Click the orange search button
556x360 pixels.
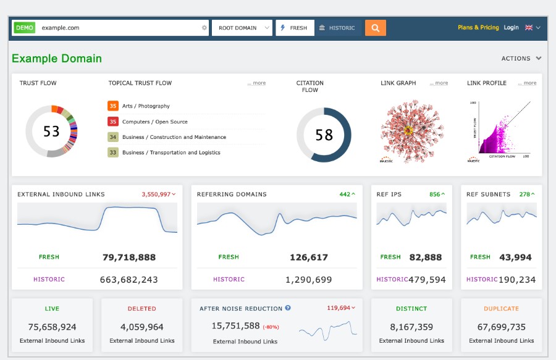click(375, 28)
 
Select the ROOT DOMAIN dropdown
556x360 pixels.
click(242, 28)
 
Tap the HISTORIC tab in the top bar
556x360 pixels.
click(337, 28)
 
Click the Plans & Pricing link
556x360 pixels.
click(478, 28)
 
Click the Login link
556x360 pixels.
click(511, 28)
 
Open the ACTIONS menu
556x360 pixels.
click(521, 59)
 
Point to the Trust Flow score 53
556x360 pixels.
click(51, 132)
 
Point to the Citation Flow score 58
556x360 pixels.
click(324, 135)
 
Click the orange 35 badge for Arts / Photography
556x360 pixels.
click(113, 106)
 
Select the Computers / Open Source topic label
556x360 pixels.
click(154, 122)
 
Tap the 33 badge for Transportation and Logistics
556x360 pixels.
click(113, 153)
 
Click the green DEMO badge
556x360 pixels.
click(25, 28)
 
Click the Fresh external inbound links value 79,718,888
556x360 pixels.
click(129, 257)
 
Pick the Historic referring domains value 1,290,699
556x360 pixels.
click(308, 280)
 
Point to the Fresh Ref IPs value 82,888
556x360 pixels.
click(425, 257)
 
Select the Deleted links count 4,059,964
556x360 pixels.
click(142, 327)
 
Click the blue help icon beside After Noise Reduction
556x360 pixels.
click(288, 308)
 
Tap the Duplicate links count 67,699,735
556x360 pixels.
click(501, 327)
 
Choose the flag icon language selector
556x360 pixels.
click(532, 28)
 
